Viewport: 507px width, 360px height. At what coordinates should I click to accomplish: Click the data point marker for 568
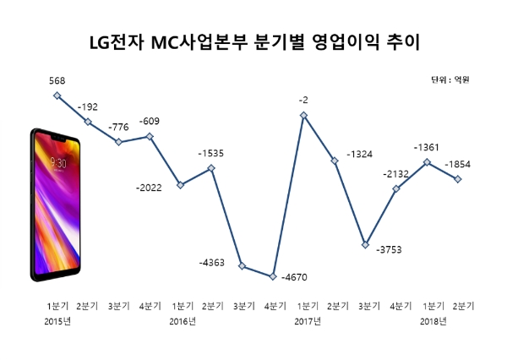[x=57, y=95]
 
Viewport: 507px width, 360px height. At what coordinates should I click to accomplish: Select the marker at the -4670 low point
[x=273, y=276]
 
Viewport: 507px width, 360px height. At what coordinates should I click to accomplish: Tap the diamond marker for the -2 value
[x=303, y=115]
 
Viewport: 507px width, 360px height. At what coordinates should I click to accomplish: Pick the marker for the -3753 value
[x=365, y=245]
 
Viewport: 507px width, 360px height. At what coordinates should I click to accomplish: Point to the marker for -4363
[x=243, y=266]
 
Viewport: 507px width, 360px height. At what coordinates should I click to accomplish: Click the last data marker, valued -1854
[x=458, y=179]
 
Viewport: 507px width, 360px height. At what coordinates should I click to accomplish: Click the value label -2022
[x=150, y=188]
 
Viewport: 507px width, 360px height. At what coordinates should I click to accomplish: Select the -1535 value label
[x=211, y=154]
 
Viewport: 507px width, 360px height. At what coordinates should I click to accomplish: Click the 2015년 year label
[x=57, y=321]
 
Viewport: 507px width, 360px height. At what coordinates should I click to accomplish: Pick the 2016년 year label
[x=182, y=321]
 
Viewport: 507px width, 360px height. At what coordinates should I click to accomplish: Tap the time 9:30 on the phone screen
[x=59, y=162]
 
